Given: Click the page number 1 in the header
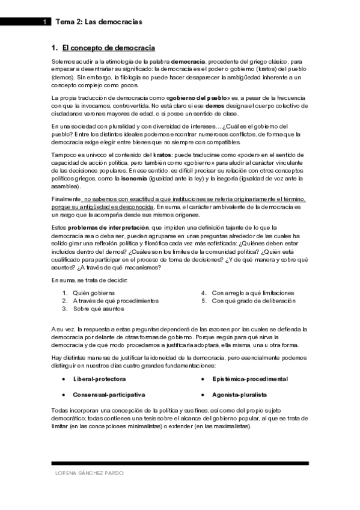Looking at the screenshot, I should click(44, 22).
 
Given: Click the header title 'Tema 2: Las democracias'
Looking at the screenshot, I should click(99, 22).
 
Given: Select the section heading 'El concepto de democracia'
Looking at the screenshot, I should click(109, 48).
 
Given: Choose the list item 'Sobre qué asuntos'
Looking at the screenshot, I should click(99, 309).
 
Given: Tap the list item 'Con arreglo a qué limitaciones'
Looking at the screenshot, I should click(252, 292).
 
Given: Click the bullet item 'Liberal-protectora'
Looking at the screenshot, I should click(99, 363).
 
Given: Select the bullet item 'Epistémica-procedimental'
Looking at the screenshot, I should click(249, 363).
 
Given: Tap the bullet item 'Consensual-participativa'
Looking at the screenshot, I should click(109, 378).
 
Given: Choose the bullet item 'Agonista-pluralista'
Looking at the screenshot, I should click(239, 378).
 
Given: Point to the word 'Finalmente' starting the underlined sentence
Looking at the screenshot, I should click(67, 199).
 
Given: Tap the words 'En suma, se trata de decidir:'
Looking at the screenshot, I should click(89, 280).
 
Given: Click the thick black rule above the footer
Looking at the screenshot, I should click(180, 464).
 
